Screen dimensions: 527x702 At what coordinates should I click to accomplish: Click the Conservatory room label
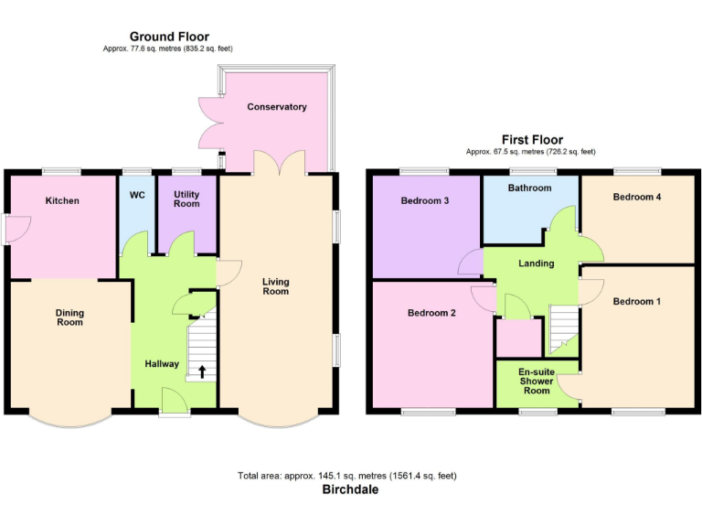[x=276, y=107]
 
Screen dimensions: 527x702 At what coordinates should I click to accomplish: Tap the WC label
[x=137, y=195]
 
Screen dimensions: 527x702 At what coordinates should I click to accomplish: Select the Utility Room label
[x=186, y=199]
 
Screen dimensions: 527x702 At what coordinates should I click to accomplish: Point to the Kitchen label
[x=62, y=201]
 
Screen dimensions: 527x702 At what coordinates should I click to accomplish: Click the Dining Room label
[x=69, y=317]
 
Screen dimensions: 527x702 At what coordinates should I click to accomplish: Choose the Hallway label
[x=162, y=364]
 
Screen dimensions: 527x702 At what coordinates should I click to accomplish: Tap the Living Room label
[x=275, y=286]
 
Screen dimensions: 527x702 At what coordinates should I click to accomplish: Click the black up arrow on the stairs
[x=201, y=371]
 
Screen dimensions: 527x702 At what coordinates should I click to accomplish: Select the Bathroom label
[x=530, y=188]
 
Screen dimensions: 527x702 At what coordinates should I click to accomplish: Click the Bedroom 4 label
[x=637, y=197]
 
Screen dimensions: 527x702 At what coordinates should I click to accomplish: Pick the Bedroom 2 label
[x=431, y=313]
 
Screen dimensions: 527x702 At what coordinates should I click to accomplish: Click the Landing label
[x=536, y=263]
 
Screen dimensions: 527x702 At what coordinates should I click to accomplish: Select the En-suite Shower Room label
[x=537, y=382]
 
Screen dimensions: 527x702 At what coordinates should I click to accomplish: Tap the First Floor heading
[x=532, y=140]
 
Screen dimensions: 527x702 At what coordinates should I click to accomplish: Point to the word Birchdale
[x=350, y=489]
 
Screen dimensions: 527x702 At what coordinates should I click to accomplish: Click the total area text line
[x=347, y=476]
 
